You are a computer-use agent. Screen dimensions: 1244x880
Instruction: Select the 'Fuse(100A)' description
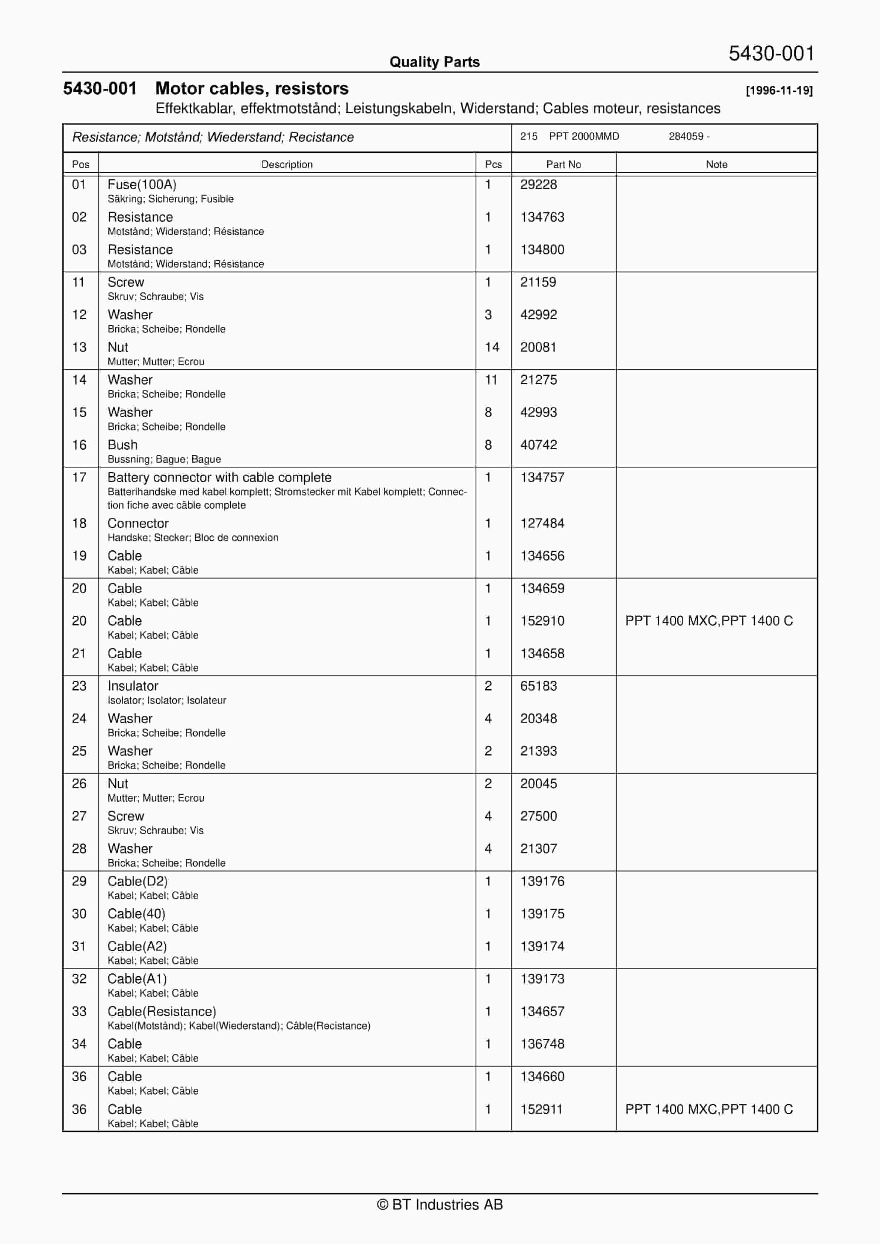(x=142, y=185)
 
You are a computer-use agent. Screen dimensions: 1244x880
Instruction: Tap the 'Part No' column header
(x=563, y=164)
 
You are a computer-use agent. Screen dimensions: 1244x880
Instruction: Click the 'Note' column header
(x=716, y=164)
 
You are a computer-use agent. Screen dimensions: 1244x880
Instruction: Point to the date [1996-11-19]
(x=779, y=91)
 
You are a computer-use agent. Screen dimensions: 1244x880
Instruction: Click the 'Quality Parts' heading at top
(x=434, y=62)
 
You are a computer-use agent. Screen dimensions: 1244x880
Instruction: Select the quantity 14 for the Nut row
(x=491, y=347)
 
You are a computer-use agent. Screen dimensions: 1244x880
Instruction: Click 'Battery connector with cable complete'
(x=220, y=477)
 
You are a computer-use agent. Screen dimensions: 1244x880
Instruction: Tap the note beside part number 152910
(x=708, y=621)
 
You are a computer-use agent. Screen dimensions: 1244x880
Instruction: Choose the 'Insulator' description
(x=133, y=686)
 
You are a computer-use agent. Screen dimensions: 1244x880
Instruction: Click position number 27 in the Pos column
(x=79, y=816)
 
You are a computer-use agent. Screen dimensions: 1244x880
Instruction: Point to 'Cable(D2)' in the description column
(x=138, y=881)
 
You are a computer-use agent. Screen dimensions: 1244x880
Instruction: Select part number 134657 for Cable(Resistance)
(x=542, y=1011)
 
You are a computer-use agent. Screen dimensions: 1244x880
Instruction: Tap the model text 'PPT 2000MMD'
(x=583, y=136)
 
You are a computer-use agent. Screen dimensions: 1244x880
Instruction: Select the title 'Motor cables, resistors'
(x=252, y=88)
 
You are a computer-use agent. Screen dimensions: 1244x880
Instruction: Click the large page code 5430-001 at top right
(x=771, y=54)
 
